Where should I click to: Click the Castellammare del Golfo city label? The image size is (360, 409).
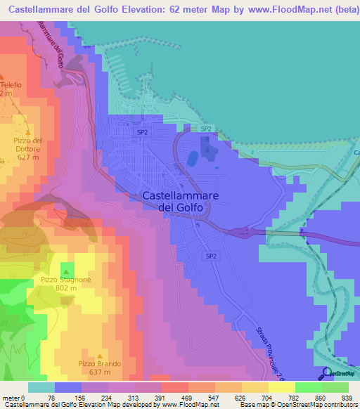pyautogui.click(x=180, y=202)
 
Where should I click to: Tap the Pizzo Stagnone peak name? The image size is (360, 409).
pyautogui.click(x=65, y=280)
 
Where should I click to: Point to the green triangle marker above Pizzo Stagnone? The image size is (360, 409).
pyautogui.click(x=66, y=271)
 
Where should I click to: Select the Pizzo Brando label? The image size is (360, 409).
pyautogui.click(x=100, y=363)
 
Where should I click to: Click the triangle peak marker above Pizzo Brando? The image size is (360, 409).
pyautogui.click(x=98, y=355)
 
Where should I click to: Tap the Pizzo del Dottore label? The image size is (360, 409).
pyautogui.click(x=28, y=144)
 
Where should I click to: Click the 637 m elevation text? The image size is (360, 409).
pyautogui.click(x=99, y=372)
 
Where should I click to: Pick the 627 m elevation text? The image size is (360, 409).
pyautogui.click(x=28, y=157)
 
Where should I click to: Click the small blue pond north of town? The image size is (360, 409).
pyautogui.click(x=191, y=160)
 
